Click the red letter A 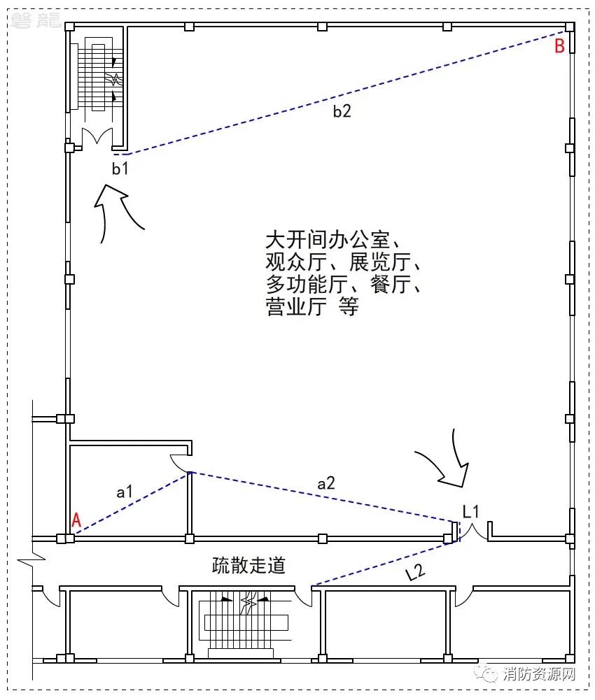click(x=76, y=520)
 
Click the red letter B click(x=559, y=46)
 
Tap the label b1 click(x=120, y=169)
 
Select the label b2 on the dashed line click(x=342, y=110)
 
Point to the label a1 click(x=125, y=492)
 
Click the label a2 click(x=326, y=483)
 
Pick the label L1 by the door click(x=470, y=511)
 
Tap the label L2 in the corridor click(x=415, y=572)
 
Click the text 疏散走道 click(x=248, y=565)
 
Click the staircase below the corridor click(x=246, y=624)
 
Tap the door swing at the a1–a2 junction click(x=181, y=464)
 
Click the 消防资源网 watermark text click(x=539, y=673)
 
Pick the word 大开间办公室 click(x=328, y=240)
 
